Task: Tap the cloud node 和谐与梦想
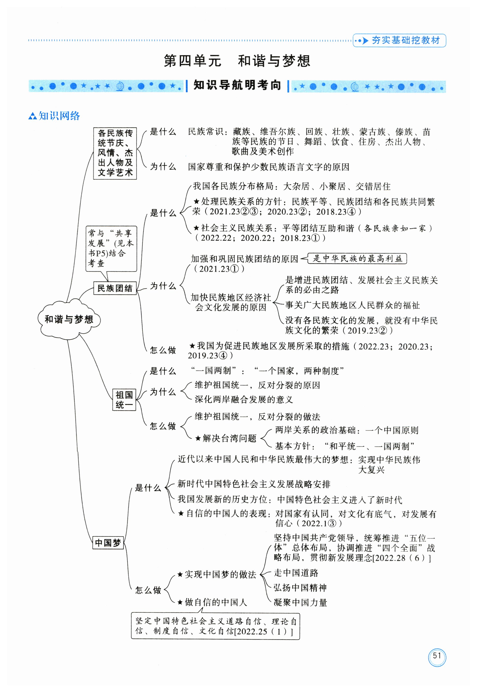pyautogui.click(x=69, y=319)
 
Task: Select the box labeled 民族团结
pyautogui.click(x=115, y=288)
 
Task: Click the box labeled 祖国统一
pyautogui.click(x=124, y=400)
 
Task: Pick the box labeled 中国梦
pyautogui.click(x=108, y=543)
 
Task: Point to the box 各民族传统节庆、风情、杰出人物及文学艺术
pyautogui.click(x=115, y=153)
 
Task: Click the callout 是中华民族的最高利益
pyautogui.click(x=357, y=258)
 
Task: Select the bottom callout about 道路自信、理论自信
pyautogui.click(x=215, y=626)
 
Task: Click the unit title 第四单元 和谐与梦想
pyautogui.click(x=237, y=61)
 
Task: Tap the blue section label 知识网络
pyautogui.click(x=59, y=116)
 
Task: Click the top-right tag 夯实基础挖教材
pyautogui.click(x=406, y=40)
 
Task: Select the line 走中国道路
pyautogui.click(x=296, y=573)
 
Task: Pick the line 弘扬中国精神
pyautogui.click(x=300, y=587)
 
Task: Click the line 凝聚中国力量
pyautogui.click(x=300, y=602)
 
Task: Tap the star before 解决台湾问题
pyautogui.click(x=198, y=438)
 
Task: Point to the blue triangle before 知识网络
pyautogui.click(x=32, y=116)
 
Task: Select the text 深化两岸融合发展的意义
pyautogui.click(x=244, y=399)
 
